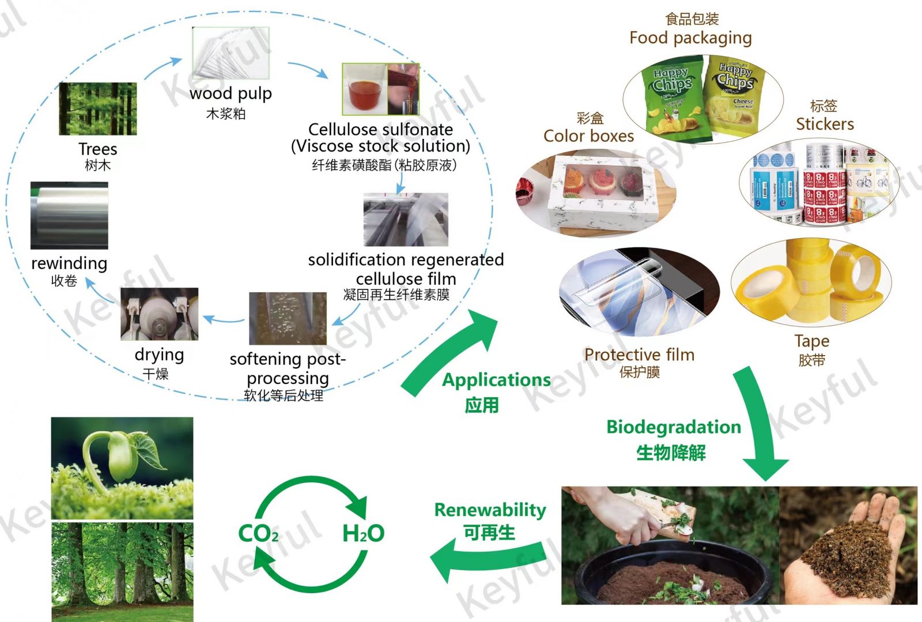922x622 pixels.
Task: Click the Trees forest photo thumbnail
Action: pos(98,108)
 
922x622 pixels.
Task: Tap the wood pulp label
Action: pos(231,93)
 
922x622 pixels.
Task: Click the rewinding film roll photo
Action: pos(69,216)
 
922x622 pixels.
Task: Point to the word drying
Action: pos(159,355)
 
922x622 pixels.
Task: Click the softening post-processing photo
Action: pos(288,318)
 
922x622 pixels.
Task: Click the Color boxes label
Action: pos(588,136)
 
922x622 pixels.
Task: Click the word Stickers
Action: pos(825,124)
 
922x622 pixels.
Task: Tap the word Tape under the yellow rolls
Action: pos(812,341)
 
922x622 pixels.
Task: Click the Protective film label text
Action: pos(639,355)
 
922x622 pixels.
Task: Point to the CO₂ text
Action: pos(258,533)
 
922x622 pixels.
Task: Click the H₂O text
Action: pos(363,533)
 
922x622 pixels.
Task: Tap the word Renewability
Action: pos(490,510)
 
